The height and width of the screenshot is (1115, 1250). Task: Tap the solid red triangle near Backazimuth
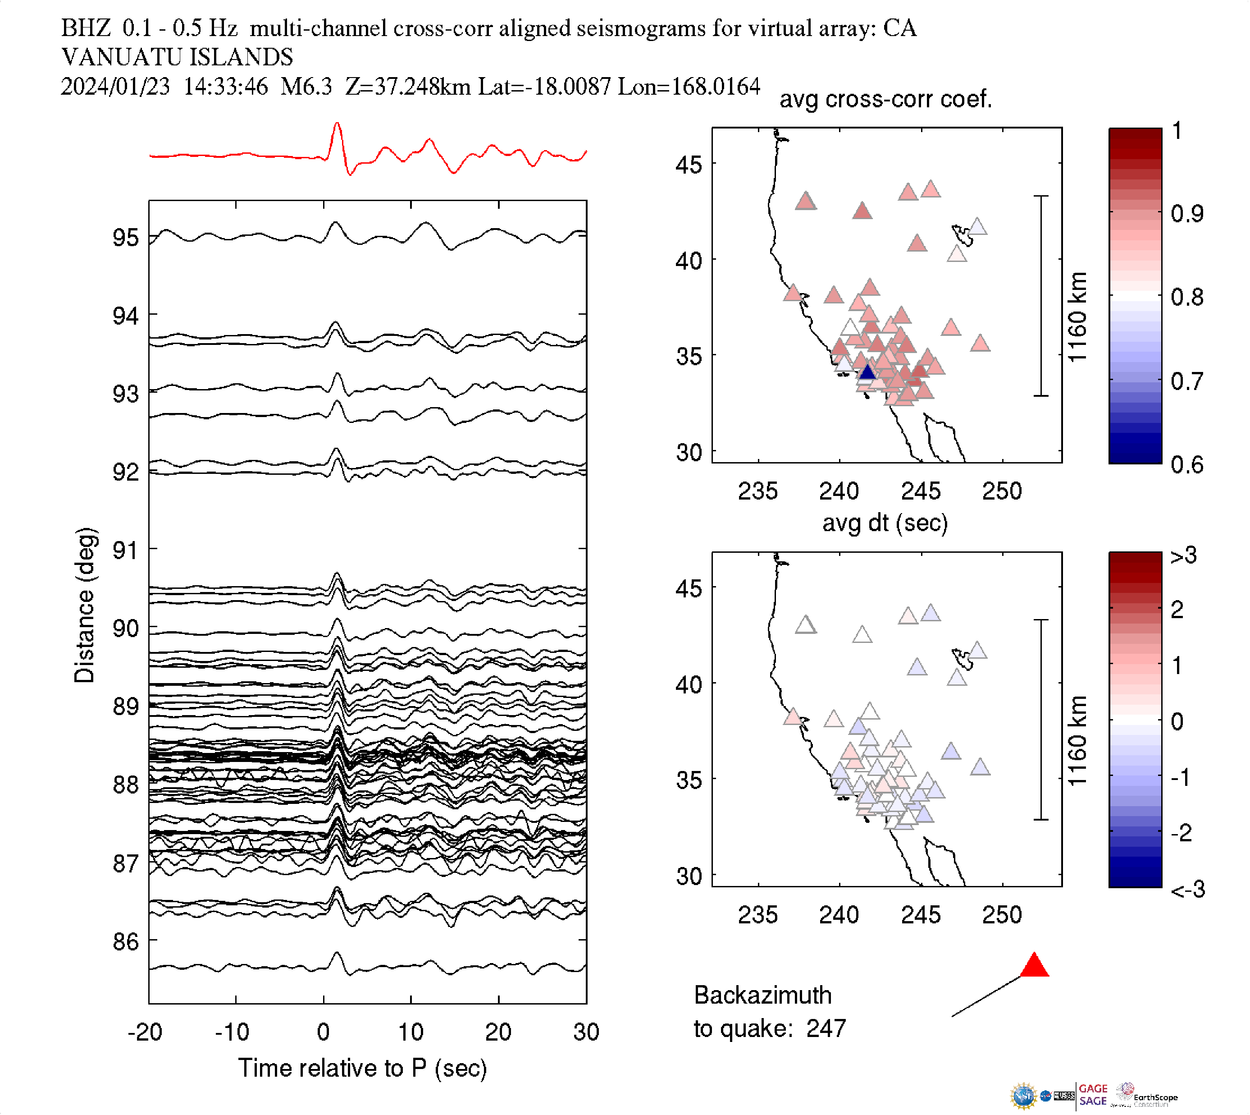point(1035,966)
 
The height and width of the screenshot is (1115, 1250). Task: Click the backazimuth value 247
point(826,1028)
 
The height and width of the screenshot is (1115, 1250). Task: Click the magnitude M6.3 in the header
point(306,87)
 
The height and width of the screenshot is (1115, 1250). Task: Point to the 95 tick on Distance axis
point(125,238)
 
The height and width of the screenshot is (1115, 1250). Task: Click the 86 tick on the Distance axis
point(125,941)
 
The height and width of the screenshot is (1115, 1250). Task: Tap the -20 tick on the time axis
point(145,1032)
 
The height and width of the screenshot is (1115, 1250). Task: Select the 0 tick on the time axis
point(323,1032)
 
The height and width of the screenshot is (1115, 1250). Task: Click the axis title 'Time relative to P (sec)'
point(362,1069)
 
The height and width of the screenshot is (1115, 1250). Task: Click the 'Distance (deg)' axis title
point(84,605)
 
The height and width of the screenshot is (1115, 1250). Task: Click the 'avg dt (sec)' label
point(885,523)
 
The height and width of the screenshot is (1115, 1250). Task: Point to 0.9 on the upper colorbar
point(1187,214)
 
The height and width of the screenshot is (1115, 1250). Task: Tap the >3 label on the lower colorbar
point(1184,555)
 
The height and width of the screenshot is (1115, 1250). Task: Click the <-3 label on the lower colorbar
point(1187,890)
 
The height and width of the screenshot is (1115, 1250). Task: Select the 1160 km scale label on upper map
point(1077,317)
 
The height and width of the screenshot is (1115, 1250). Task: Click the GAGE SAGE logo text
point(1093,1095)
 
